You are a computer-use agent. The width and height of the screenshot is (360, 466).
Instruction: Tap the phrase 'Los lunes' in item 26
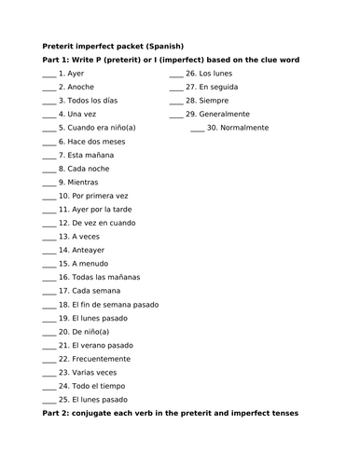pyautogui.click(x=216, y=73)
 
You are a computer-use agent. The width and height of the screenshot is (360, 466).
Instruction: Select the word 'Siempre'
pyautogui.click(x=214, y=101)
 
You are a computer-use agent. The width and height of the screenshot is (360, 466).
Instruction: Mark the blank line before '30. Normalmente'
pyautogui.click(x=197, y=130)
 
